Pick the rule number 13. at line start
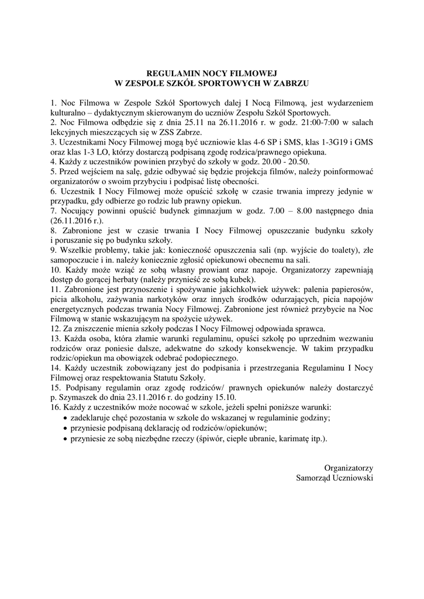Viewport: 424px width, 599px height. tap(56, 339)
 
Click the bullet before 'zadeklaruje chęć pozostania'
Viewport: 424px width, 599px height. tap(64, 417)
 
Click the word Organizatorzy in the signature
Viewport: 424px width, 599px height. tap(348, 467)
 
